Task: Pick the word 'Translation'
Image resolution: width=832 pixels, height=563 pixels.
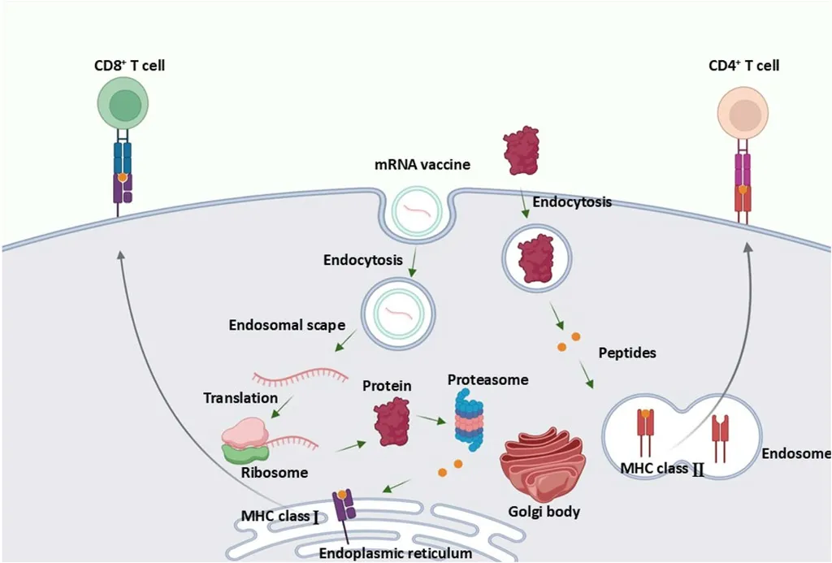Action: coord(240,398)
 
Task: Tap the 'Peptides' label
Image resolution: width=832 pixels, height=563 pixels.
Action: coord(626,353)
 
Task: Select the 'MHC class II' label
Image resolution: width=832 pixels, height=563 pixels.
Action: coord(661,469)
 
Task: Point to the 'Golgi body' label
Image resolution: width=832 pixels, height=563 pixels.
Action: coord(544,513)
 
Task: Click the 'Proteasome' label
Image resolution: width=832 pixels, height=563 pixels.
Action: coord(487,379)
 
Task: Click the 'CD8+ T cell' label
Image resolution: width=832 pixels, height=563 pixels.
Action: coord(129,65)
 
